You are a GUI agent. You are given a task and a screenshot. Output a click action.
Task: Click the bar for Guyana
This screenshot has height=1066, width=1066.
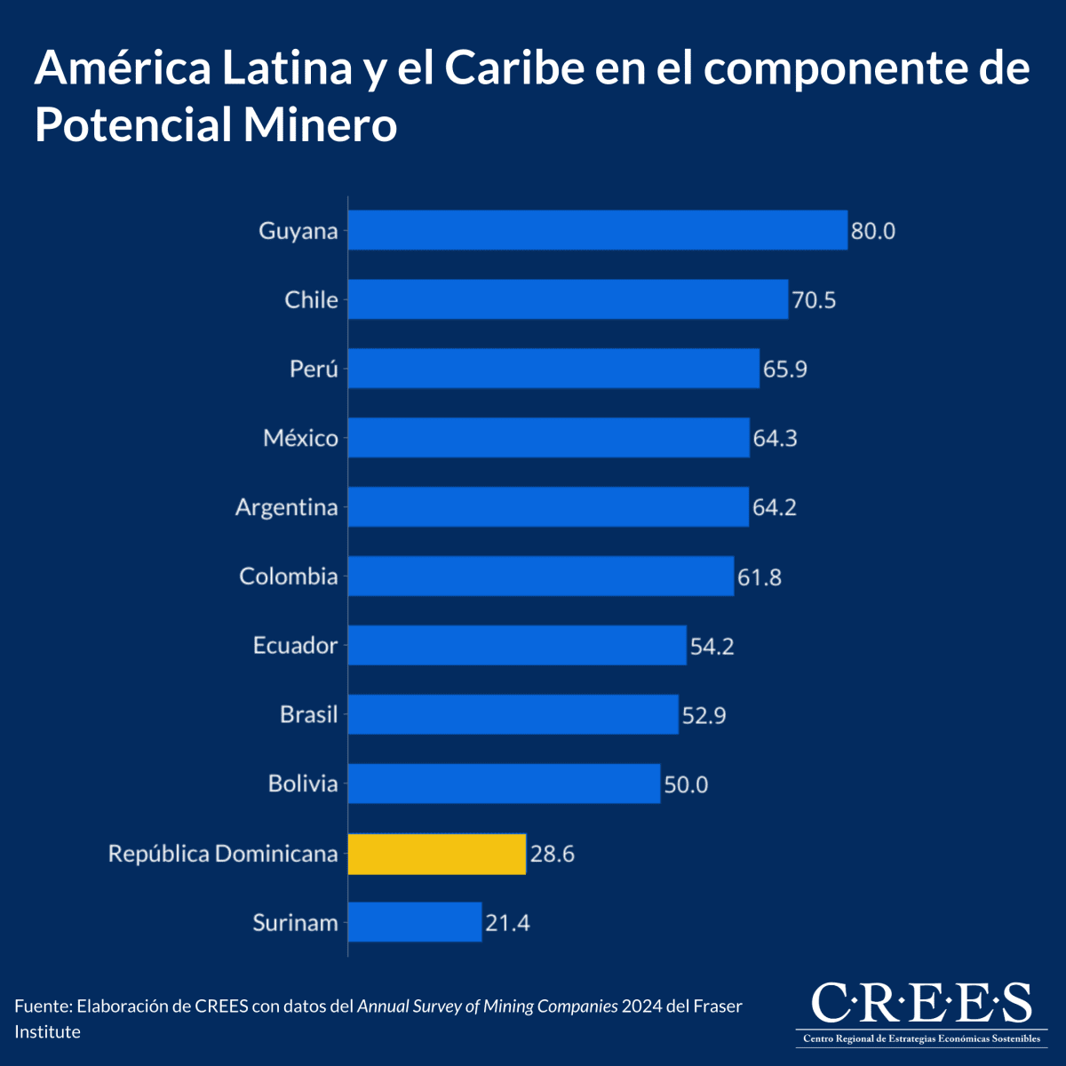[x=597, y=230]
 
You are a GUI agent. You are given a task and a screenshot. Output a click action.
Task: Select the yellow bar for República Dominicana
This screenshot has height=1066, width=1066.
[x=436, y=854]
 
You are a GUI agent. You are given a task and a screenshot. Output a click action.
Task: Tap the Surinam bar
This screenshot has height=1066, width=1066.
[x=414, y=922]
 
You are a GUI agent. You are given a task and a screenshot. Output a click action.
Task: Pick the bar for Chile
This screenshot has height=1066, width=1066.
[x=568, y=299]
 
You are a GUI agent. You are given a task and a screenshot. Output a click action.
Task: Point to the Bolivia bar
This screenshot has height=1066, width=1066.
[x=504, y=784]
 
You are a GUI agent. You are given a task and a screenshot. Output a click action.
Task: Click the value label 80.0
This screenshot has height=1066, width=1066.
[x=872, y=232]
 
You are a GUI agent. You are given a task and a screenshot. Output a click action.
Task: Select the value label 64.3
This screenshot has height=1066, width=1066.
[x=775, y=439]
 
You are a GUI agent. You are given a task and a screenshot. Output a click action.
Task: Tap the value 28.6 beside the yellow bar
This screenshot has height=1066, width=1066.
[x=552, y=855]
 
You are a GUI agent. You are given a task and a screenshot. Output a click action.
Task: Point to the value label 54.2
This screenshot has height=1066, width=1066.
[x=712, y=646]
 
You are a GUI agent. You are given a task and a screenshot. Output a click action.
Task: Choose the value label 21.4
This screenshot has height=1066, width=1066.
[x=507, y=924]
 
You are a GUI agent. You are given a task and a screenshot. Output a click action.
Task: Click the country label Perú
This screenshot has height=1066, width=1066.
[x=314, y=369]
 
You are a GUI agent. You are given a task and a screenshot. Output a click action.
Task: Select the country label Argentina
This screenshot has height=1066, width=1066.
[x=286, y=507]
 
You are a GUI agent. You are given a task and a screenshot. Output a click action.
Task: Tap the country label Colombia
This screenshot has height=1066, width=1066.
[x=288, y=577]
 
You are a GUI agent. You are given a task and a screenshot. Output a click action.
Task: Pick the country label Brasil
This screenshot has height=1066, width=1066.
[x=308, y=714]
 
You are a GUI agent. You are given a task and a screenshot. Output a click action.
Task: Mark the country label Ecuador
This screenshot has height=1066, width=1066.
[x=295, y=646]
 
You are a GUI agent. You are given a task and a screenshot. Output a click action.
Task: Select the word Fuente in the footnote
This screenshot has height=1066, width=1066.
[x=42, y=1006]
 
